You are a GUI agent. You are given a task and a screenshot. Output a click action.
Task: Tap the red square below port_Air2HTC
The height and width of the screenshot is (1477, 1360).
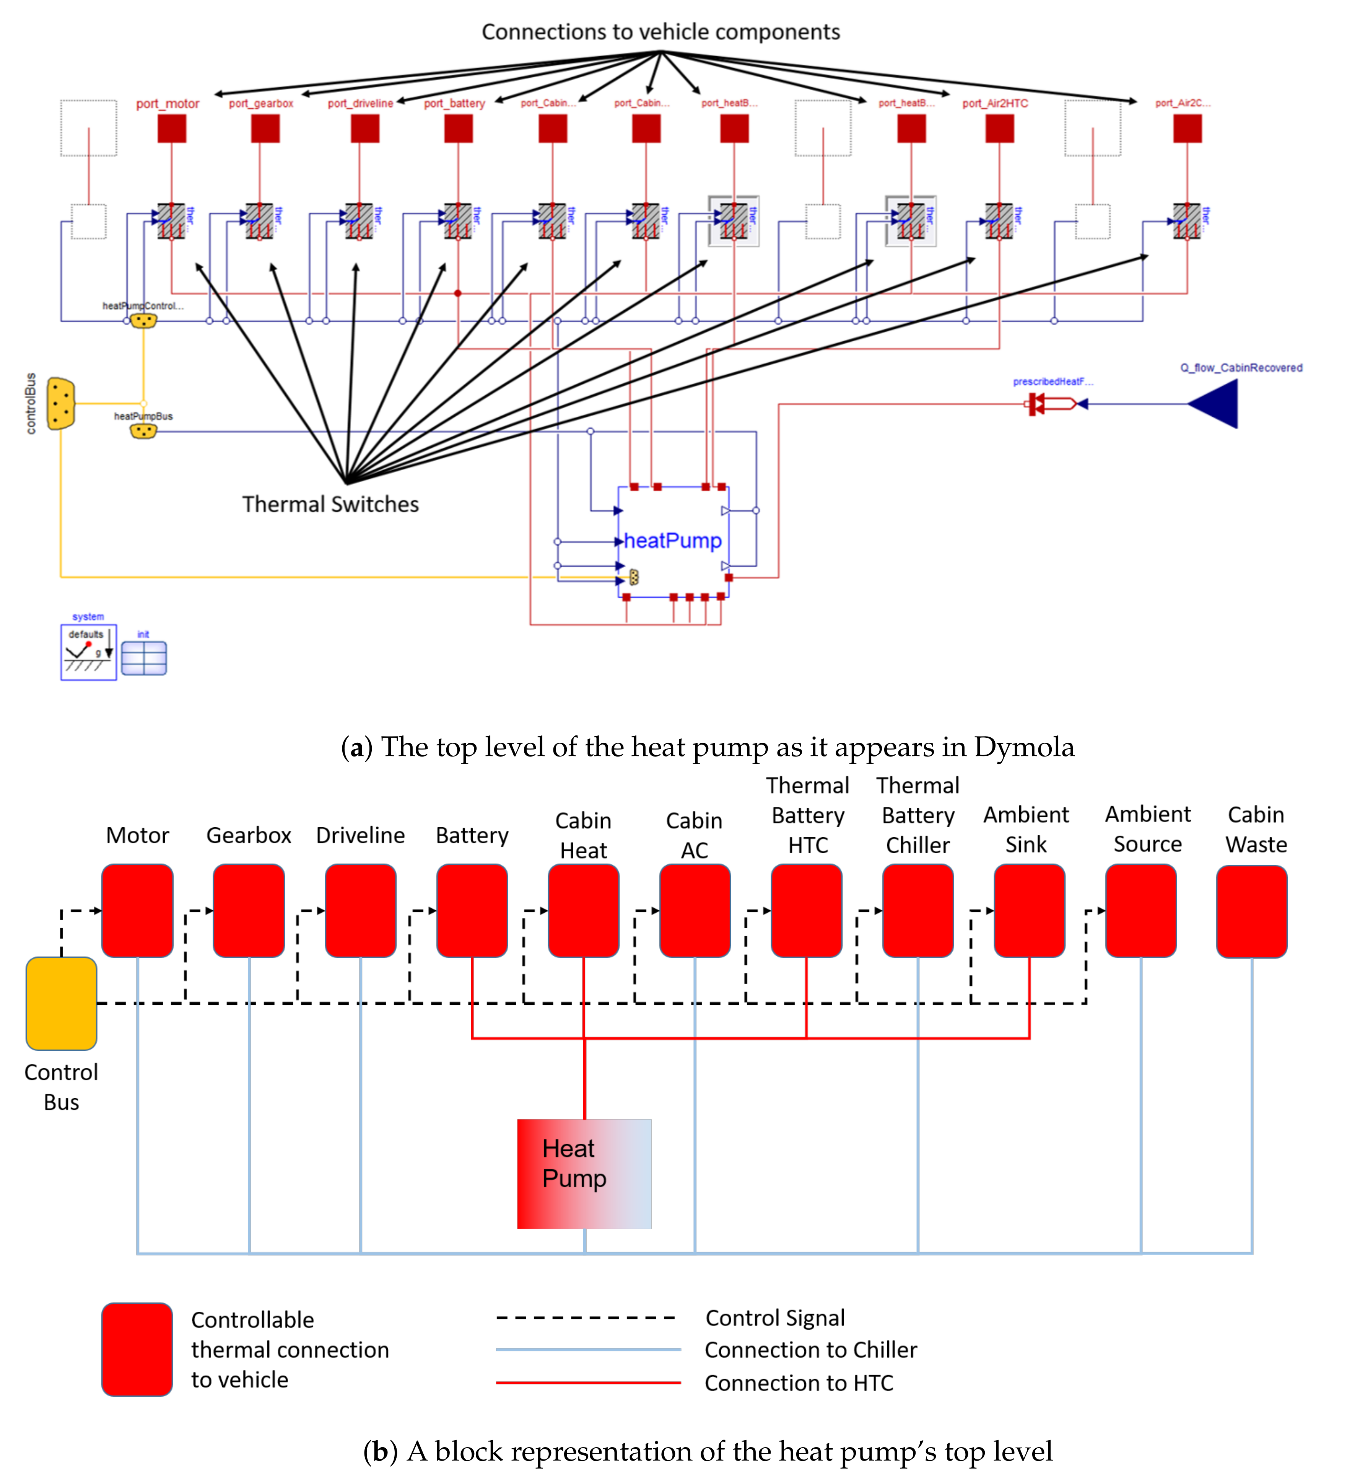click(x=999, y=129)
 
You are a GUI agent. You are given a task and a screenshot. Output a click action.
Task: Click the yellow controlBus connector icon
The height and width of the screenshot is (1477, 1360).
click(x=60, y=403)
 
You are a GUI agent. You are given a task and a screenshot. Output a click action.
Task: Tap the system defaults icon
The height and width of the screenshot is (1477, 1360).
click(x=88, y=652)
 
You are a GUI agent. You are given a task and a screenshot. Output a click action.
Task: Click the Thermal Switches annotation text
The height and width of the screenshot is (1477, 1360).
click(x=330, y=504)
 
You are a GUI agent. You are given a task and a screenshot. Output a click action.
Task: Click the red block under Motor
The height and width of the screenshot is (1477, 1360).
click(x=138, y=911)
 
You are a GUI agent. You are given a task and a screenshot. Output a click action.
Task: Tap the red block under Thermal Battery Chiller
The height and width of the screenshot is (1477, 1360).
click(x=918, y=911)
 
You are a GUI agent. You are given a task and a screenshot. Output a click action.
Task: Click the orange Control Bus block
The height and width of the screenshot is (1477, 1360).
click(x=61, y=1004)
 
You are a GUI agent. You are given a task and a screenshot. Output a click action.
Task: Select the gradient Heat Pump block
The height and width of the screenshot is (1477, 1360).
click(x=584, y=1174)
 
